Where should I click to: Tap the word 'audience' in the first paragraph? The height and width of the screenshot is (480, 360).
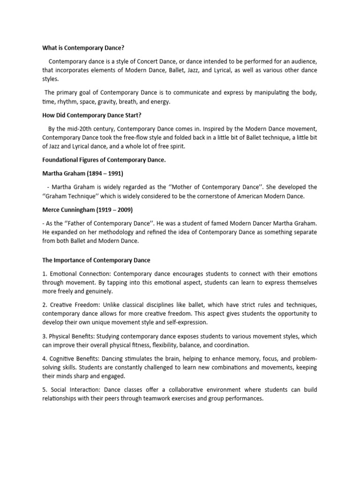(304, 61)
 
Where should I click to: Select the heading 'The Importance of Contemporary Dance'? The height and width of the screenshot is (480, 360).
(96, 260)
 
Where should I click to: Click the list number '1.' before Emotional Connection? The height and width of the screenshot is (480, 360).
(45, 273)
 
